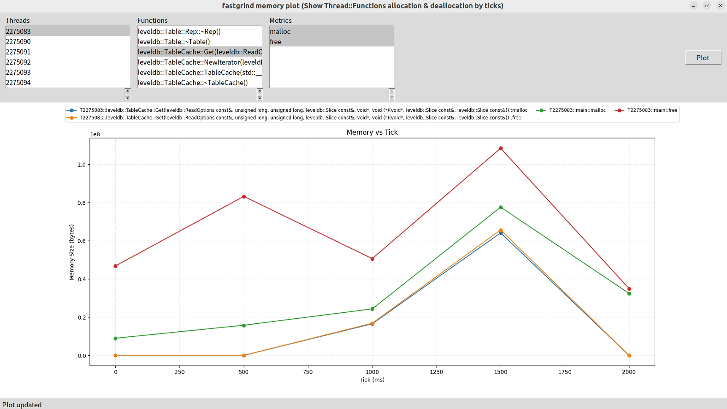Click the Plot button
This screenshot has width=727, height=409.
(x=703, y=58)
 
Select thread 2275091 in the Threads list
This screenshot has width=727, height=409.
(x=18, y=52)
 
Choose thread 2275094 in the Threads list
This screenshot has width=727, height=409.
(x=18, y=83)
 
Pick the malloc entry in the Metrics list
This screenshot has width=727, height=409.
(x=280, y=32)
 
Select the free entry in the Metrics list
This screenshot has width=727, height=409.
(x=275, y=42)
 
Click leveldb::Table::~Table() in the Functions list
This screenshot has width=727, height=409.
(x=174, y=42)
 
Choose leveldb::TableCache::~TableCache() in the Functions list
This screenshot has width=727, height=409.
(x=193, y=83)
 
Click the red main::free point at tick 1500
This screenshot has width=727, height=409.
(x=501, y=149)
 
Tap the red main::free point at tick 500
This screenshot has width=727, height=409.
(x=244, y=197)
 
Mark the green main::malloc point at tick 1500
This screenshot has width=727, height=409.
(x=501, y=208)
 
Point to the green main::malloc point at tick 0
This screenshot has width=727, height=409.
(x=115, y=339)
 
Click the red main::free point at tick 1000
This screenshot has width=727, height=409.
(x=372, y=259)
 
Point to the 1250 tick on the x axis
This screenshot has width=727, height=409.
(x=437, y=372)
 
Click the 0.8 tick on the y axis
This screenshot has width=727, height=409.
(x=81, y=203)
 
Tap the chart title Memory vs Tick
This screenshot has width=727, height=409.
(x=372, y=132)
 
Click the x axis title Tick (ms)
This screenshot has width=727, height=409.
(x=372, y=380)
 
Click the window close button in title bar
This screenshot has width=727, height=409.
(x=720, y=5)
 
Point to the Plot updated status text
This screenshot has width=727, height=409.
(x=22, y=405)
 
